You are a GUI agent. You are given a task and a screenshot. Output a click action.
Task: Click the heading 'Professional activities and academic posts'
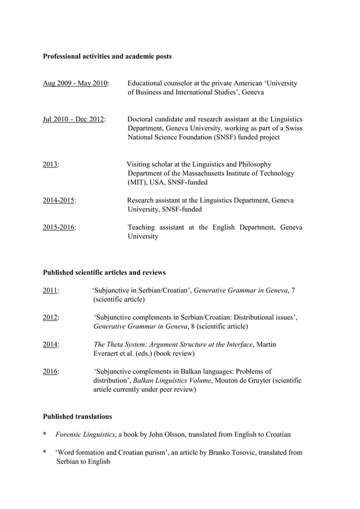point(107,56)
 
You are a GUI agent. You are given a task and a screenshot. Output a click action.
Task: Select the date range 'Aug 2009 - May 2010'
point(76,84)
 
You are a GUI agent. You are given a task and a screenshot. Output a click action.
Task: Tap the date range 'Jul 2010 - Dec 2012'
point(74,120)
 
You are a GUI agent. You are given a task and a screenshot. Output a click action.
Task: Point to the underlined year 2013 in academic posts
point(50,165)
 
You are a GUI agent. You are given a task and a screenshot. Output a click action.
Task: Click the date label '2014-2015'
point(59,200)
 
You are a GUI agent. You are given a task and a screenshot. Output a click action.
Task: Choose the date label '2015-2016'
point(59,227)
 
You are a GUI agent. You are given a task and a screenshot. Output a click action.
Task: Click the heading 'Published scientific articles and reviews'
point(104,273)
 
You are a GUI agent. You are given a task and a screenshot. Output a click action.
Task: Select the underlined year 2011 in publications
point(50,291)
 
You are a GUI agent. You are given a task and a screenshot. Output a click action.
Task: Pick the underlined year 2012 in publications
point(50,318)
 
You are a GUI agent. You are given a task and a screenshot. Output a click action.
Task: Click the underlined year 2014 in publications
point(50,345)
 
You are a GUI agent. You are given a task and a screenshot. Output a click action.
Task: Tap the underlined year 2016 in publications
point(50,372)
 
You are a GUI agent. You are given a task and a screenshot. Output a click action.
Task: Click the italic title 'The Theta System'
point(121,345)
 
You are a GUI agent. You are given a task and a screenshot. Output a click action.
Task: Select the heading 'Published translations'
point(77,416)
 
